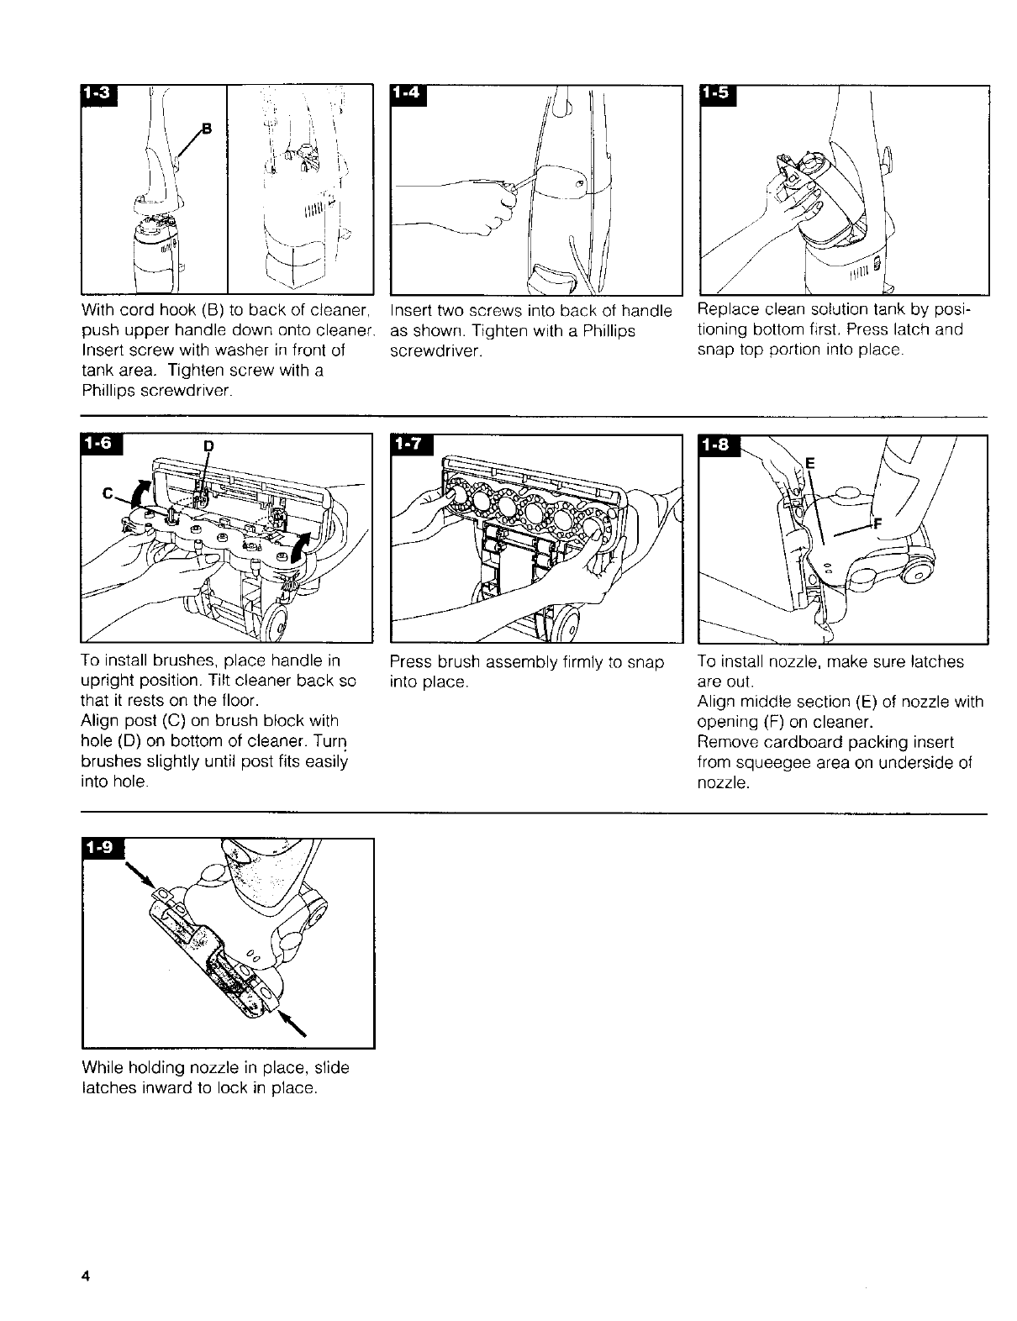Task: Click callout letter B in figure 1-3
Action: [208, 128]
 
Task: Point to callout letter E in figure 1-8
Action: [810, 462]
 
